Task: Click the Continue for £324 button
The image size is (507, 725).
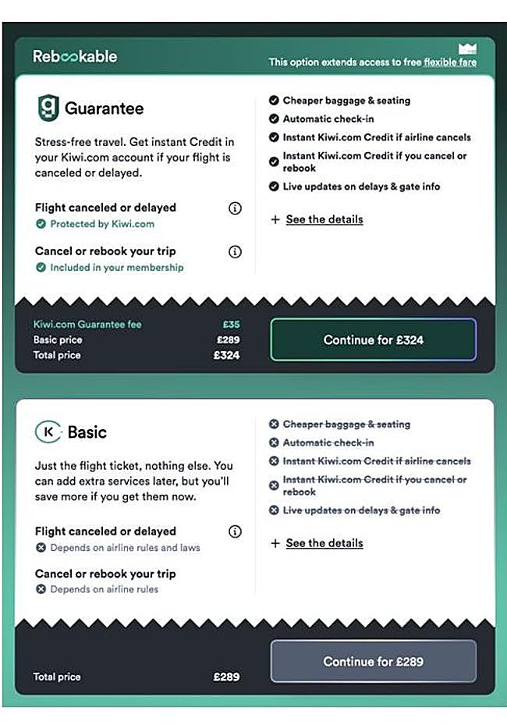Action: pyautogui.click(x=373, y=339)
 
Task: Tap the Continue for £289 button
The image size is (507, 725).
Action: pyautogui.click(x=373, y=661)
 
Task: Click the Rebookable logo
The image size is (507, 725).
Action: pyautogui.click(x=75, y=56)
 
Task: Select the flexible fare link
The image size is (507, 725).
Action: pyautogui.click(x=450, y=62)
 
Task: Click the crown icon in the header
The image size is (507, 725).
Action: pyautogui.click(x=467, y=48)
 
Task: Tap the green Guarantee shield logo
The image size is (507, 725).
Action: pyautogui.click(x=48, y=108)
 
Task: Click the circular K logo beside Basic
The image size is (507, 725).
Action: pyautogui.click(x=48, y=432)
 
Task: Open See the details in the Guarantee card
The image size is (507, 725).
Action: pyautogui.click(x=324, y=219)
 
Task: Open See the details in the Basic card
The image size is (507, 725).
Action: pyautogui.click(x=324, y=543)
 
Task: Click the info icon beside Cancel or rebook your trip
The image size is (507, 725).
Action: pyautogui.click(x=235, y=252)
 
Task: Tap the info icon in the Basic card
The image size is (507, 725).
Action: pyautogui.click(x=235, y=531)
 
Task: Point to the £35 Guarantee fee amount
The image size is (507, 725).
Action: pyautogui.click(x=230, y=325)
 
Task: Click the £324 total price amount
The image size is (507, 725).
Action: pyautogui.click(x=226, y=355)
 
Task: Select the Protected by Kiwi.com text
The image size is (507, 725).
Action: pyautogui.click(x=102, y=224)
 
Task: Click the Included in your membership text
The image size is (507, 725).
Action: pyautogui.click(x=117, y=268)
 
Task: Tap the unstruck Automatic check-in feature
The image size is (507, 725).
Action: pyautogui.click(x=328, y=119)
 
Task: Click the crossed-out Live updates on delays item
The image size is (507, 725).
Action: pyautogui.click(x=361, y=510)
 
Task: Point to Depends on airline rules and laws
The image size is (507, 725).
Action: pyautogui.click(x=125, y=548)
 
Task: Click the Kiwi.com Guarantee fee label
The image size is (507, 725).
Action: pyautogui.click(x=87, y=325)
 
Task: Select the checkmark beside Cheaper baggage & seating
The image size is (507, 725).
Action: pyautogui.click(x=274, y=101)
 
